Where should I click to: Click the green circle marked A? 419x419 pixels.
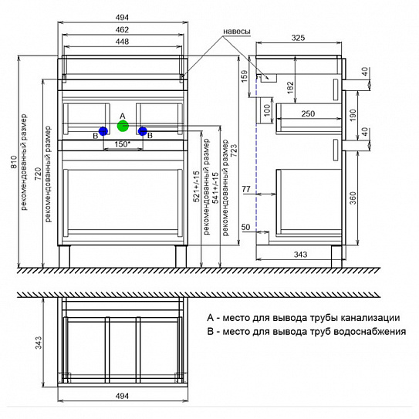(x=123, y=126)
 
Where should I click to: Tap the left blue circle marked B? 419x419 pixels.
(x=103, y=131)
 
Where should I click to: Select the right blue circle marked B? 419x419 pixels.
(x=143, y=131)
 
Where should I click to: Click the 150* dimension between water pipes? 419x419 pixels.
(x=123, y=144)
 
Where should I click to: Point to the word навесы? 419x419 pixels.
(x=237, y=32)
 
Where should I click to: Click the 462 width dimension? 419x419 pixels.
(x=122, y=29)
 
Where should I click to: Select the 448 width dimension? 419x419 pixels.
(x=122, y=42)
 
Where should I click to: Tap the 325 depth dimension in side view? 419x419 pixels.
(x=298, y=38)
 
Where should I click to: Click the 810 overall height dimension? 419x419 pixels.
(x=14, y=162)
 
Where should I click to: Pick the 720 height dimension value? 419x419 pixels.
(x=39, y=174)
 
